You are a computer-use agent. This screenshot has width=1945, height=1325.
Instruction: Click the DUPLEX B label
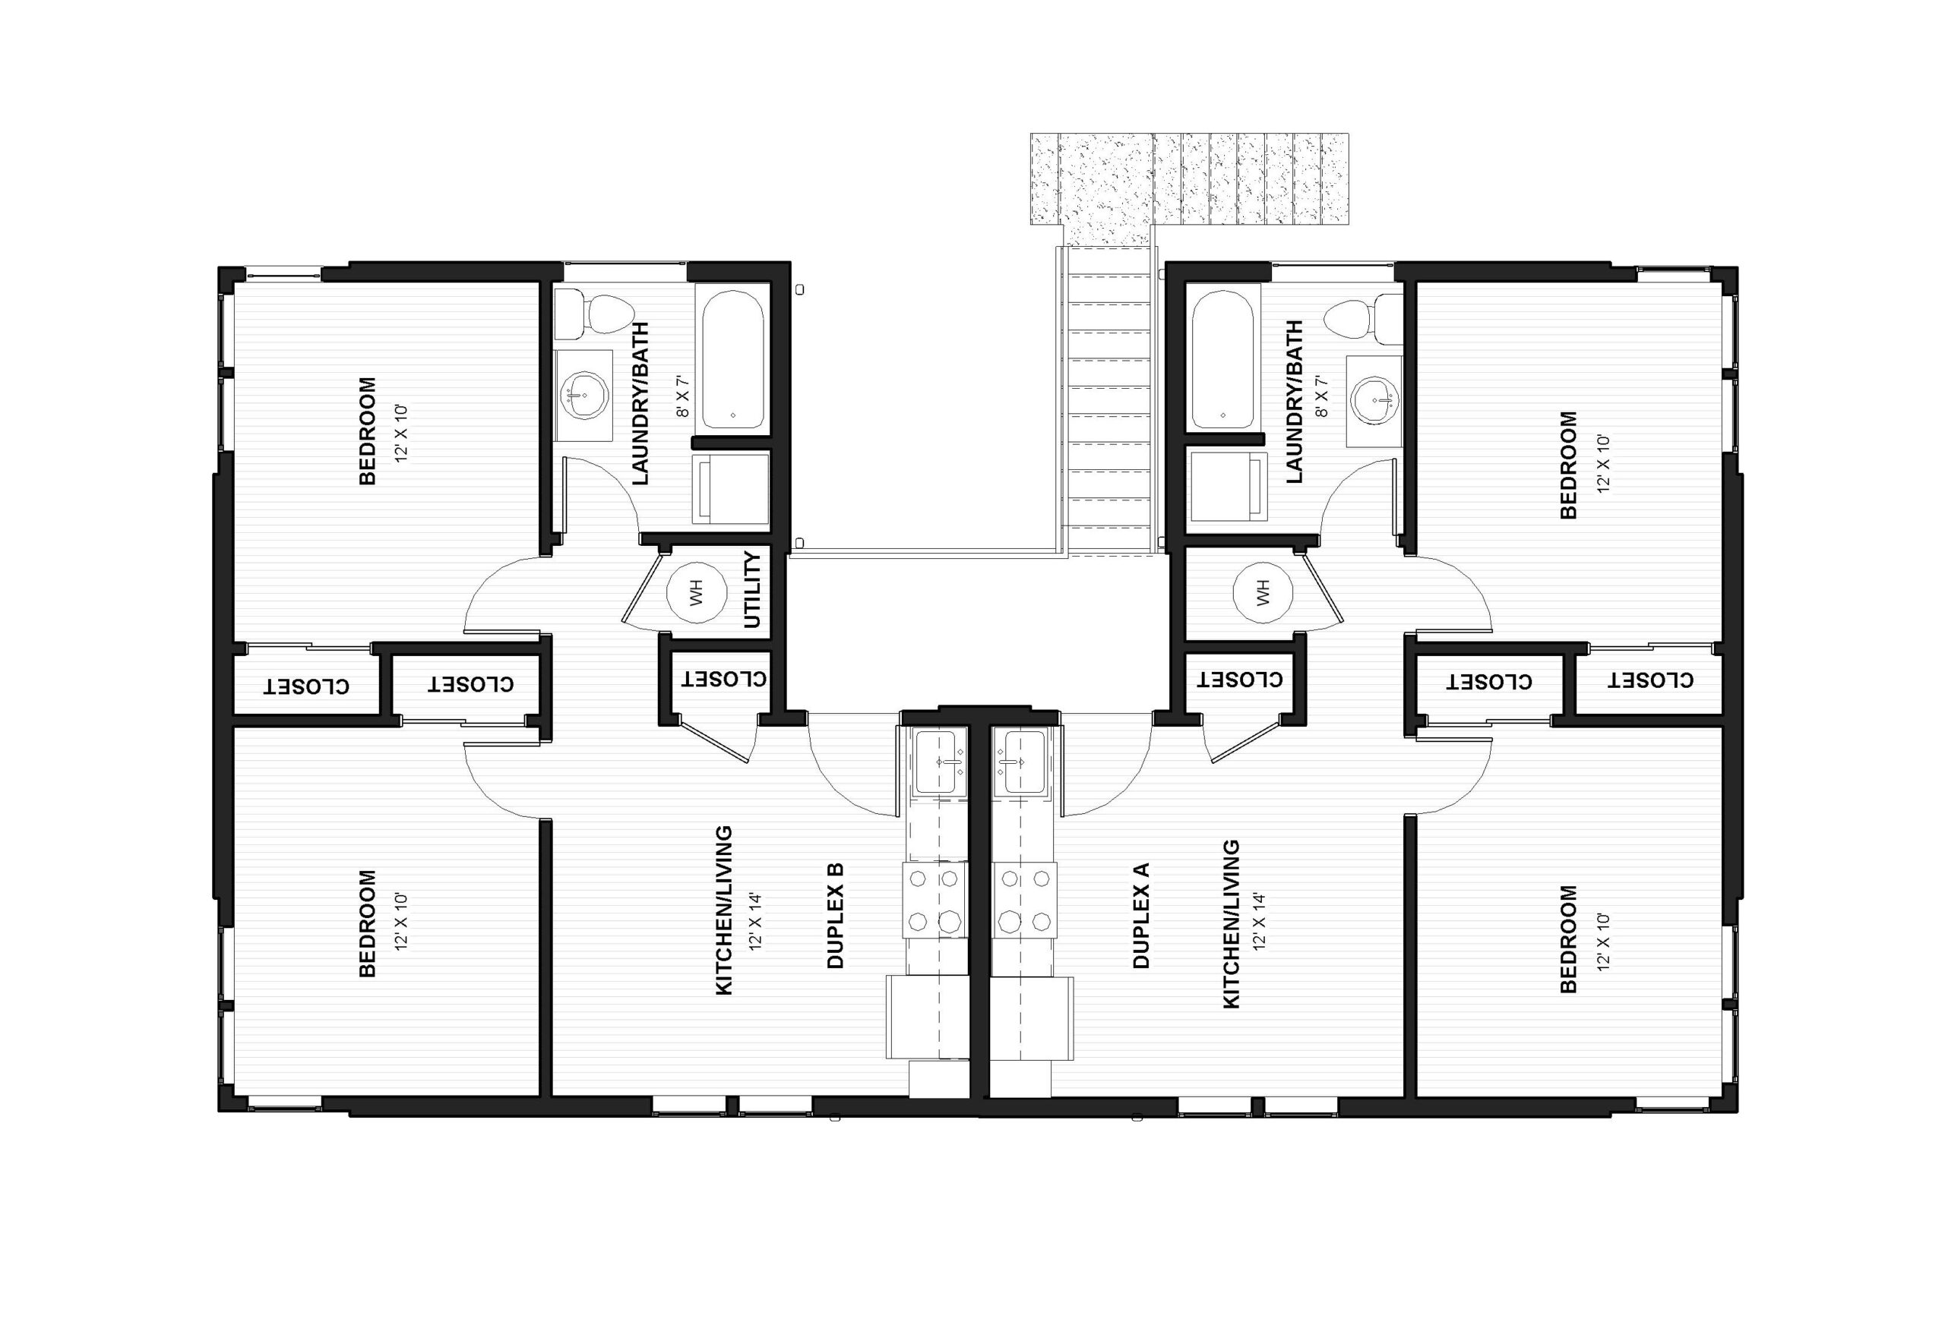835,915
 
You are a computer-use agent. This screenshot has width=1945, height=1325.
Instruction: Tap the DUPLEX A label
1142,915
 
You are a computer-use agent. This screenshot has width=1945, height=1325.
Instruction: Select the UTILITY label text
752,590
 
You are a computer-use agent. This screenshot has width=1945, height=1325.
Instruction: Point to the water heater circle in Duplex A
1263,593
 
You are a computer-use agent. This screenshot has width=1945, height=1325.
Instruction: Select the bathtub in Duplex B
732,360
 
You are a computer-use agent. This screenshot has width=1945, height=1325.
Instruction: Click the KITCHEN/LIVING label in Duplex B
725,910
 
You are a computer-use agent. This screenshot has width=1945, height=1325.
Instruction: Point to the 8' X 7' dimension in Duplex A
1321,396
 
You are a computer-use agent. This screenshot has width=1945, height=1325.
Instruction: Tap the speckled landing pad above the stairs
1189,180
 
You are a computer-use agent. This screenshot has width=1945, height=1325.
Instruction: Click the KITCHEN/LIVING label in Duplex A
1232,923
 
